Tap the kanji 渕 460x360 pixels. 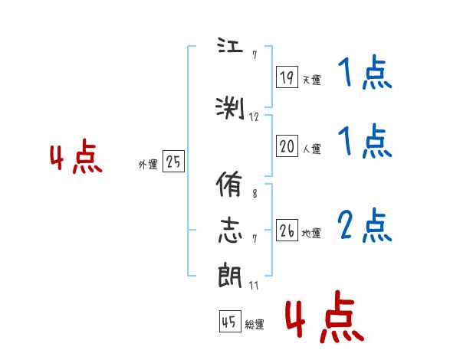pos(230,108)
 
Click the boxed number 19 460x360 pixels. pos(287,77)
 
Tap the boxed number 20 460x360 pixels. pos(287,146)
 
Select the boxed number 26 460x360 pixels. pos(287,231)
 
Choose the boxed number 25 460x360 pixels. pos(173,162)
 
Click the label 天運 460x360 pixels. pos(311,80)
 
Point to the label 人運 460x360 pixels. pos(311,149)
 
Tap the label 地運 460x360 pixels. pos(311,234)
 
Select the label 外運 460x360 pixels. pos(148,165)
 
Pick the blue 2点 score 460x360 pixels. pos(364,226)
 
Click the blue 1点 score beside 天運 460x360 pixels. pos(364,74)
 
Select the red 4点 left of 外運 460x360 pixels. pos(75,159)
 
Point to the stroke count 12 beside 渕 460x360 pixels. pos(255,117)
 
